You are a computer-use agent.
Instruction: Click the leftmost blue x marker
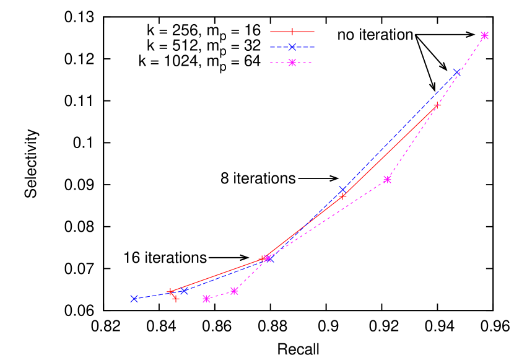pyautogui.click(x=134, y=299)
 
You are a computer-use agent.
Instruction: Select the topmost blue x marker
pyautogui.click(x=457, y=72)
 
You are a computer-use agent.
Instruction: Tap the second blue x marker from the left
pyautogui.click(x=184, y=291)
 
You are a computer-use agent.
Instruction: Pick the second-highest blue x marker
pyautogui.click(x=342, y=190)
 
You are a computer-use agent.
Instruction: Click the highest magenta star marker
pyautogui.click(x=485, y=35)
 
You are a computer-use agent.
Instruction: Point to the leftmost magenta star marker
pyautogui.click(x=207, y=299)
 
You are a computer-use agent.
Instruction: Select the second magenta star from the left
pyautogui.click(x=234, y=291)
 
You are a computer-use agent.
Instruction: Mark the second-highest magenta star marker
pyautogui.click(x=388, y=180)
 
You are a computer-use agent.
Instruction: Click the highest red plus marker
pyautogui.click(x=437, y=105)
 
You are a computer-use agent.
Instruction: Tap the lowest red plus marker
pyautogui.click(x=176, y=299)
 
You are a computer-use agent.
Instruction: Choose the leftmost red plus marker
pyautogui.click(x=170, y=291)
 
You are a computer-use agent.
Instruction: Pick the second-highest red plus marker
pyautogui.click(x=342, y=196)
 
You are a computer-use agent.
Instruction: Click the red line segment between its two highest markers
pyautogui.click(x=390, y=151)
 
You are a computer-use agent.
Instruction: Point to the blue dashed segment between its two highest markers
pyautogui.click(x=399, y=131)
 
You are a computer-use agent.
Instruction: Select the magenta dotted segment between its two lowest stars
pyautogui.click(x=220, y=295)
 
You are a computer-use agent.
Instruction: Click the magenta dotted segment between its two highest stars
pyautogui.click(x=437, y=107)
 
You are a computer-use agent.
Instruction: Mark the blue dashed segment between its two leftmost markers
pyautogui.click(x=159, y=295)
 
